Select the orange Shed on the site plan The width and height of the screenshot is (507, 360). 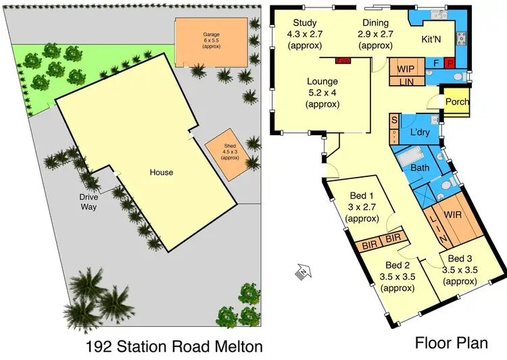(225, 155)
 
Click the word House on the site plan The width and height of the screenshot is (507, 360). (162, 172)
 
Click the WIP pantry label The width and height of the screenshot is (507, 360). (406, 69)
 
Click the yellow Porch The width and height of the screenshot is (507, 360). (457, 102)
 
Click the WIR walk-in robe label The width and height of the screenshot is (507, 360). (453, 215)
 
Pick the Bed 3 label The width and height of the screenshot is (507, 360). (460, 259)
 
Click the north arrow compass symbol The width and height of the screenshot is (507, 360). (302, 272)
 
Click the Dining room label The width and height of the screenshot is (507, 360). (376, 22)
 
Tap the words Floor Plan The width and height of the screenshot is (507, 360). (451, 343)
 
